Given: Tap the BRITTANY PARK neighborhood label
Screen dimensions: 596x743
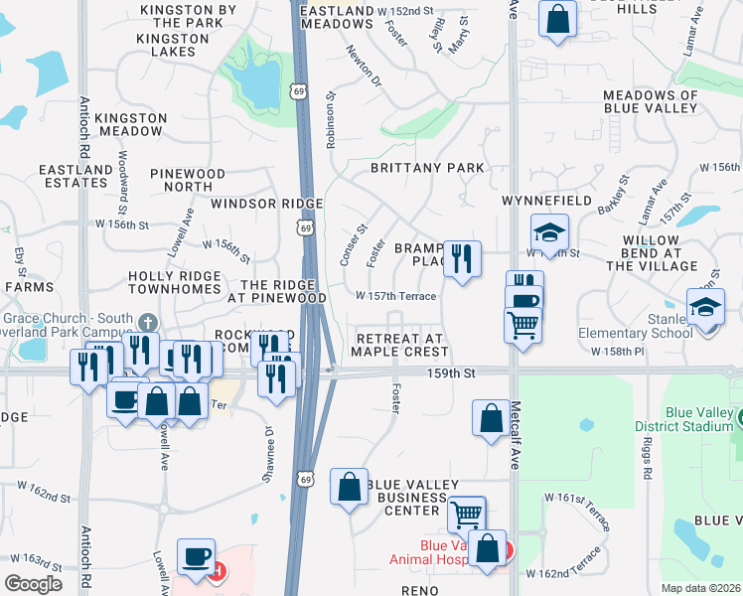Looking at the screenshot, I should click(427, 168).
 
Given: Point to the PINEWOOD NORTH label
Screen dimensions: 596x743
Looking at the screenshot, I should click(188, 180).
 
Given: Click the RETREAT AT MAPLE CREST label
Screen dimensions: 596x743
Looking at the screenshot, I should click(398, 345).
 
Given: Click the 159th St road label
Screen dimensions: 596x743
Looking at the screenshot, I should click(459, 372).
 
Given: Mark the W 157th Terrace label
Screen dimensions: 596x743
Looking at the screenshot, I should click(396, 296).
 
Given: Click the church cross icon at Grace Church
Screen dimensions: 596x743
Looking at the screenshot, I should click(148, 321).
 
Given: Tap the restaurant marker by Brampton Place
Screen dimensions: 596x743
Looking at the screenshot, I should click(461, 259).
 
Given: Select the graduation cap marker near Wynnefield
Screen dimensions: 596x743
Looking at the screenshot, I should click(549, 232).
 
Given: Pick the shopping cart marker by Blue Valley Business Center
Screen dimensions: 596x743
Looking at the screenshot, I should click(466, 514).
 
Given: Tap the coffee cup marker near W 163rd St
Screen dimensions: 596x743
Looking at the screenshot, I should click(196, 556).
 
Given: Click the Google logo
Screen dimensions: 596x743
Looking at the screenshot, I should click(33, 584).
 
